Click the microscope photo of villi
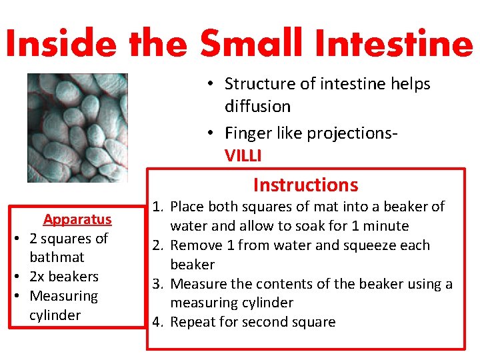[x=77, y=127]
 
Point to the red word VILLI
[x=243, y=156]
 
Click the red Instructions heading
[x=305, y=185]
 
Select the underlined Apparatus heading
[x=77, y=219]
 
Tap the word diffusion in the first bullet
[x=257, y=107]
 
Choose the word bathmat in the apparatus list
[x=57, y=257]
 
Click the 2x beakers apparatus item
[x=64, y=276]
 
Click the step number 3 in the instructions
[x=157, y=284]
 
